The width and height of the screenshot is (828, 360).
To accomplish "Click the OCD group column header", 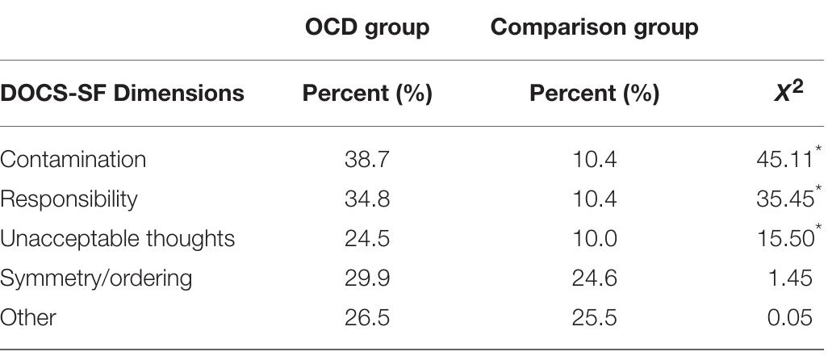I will (x=367, y=27).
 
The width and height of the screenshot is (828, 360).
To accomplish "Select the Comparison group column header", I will (x=594, y=27).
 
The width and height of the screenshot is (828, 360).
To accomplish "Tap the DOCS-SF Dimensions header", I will (x=122, y=94).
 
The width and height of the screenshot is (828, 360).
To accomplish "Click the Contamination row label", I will (x=73, y=160).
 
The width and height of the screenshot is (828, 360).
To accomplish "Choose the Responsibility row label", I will (x=69, y=199).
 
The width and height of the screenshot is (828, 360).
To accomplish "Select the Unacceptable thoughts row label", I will (x=117, y=239).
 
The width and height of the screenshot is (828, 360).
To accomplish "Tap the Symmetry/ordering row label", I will (x=96, y=278).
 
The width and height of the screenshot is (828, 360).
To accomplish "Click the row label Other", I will (x=28, y=317).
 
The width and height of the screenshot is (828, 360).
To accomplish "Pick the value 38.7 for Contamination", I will (x=367, y=160).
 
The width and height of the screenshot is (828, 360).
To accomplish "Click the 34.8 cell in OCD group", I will (x=367, y=199).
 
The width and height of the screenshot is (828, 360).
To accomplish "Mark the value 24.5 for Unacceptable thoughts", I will (x=367, y=239).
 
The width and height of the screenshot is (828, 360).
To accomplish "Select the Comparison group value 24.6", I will (x=594, y=278).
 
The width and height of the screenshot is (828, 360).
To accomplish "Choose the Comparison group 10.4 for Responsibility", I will (x=594, y=199).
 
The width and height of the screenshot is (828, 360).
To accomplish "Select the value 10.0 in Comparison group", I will (x=594, y=239).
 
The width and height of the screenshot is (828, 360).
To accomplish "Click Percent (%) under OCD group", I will (x=367, y=94).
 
